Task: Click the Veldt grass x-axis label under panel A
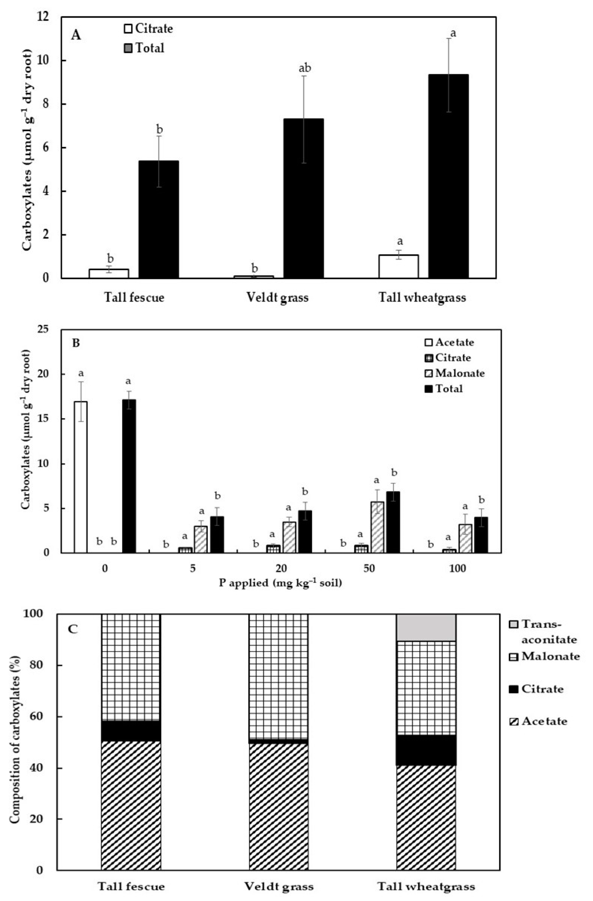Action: pos(277,298)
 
